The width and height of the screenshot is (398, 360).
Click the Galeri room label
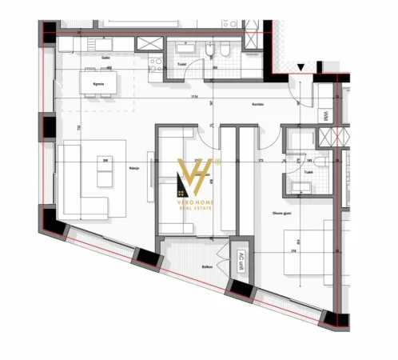pos(105,58)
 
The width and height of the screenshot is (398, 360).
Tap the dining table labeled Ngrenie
pos(100,81)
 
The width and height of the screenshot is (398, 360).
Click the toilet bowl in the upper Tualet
pos(226,53)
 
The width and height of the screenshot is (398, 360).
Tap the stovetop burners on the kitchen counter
pos(149,42)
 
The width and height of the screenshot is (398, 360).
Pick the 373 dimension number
pos(261,161)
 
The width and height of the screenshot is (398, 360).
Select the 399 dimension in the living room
pos(105,161)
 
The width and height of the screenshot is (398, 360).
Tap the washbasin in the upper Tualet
pos(208,52)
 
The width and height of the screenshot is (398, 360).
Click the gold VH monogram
pos(197,177)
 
